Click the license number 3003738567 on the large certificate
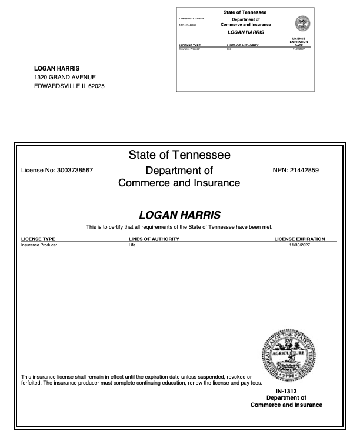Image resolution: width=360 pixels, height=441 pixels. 75,171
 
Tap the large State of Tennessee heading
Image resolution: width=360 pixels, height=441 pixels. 179,155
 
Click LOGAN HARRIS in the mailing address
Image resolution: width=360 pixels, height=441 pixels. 57,68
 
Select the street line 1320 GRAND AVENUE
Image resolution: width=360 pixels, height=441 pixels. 65,78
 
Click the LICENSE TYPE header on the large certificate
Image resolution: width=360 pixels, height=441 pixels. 38,239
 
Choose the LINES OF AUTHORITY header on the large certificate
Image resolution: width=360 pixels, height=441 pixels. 154,239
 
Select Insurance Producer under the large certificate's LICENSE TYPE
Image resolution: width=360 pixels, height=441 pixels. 39,245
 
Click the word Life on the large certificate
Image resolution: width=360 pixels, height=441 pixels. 132,245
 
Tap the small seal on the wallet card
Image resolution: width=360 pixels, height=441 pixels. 302,25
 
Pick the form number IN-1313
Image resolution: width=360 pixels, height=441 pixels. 286,391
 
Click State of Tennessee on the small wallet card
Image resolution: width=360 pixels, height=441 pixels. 245,12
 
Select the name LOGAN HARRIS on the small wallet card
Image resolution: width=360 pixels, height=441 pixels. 245,32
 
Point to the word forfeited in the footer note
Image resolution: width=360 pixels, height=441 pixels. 32,383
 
